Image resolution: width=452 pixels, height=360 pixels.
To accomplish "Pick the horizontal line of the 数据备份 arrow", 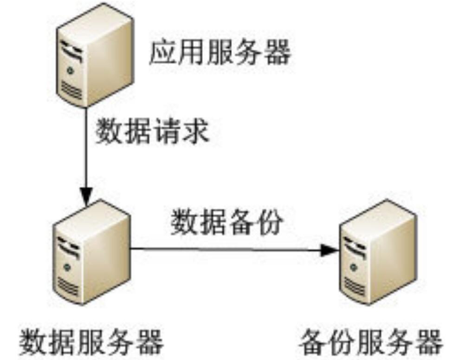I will (223, 249).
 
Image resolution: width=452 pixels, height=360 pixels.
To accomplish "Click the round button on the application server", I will (70, 71).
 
